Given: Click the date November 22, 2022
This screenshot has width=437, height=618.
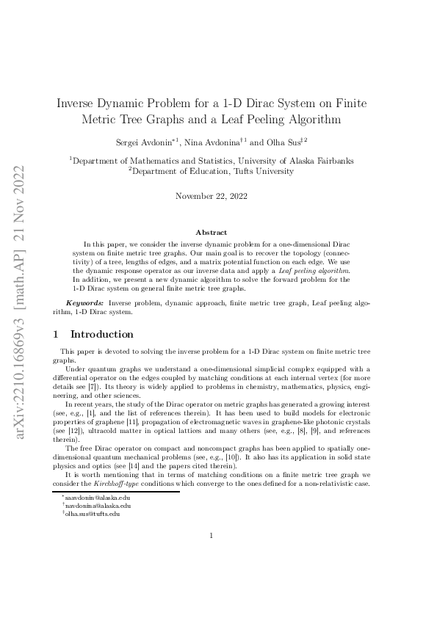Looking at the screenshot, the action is pyautogui.click(x=212, y=196).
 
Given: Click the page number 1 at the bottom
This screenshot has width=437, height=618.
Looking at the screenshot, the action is pyautogui.click(x=211, y=556).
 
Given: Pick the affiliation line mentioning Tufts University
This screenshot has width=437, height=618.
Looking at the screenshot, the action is pyautogui.click(x=211, y=171).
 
